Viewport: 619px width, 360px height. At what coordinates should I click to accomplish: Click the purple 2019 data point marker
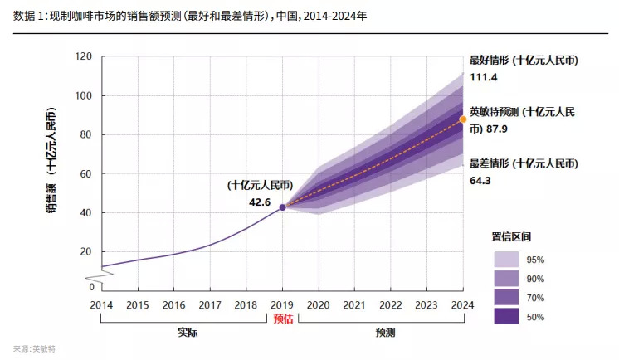pyautogui.click(x=282, y=207)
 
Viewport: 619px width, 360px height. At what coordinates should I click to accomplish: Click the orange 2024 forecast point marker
pyautogui.click(x=463, y=119)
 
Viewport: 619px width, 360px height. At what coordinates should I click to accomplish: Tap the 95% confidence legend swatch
pyautogui.click(x=506, y=260)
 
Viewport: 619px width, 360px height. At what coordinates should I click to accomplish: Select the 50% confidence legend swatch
pyautogui.click(x=506, y=315)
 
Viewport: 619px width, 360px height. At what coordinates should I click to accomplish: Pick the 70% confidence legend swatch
pyautogui.click(x=506, y=297)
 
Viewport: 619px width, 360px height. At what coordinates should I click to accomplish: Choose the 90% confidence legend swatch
pyautogui.click(x=506, y=279)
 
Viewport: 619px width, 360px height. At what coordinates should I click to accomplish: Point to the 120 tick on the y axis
pyautogui.click(x=82, y=57)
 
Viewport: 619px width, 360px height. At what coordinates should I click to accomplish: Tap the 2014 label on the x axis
pyautogui.click(x=101, y=304)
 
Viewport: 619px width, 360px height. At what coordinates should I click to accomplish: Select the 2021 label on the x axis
pyautogui.click(x=354, y=304)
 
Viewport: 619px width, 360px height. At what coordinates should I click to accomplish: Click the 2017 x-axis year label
pyautogui.click(x=210, y=304)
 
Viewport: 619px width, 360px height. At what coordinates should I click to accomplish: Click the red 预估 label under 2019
pyautogui.click(x=282, y=318)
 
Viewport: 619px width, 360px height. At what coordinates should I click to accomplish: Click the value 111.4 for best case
pyautogui.click(x=482, y=76)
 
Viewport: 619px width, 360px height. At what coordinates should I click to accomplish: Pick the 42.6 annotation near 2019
pyautogui.click(x=261, y=202)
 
